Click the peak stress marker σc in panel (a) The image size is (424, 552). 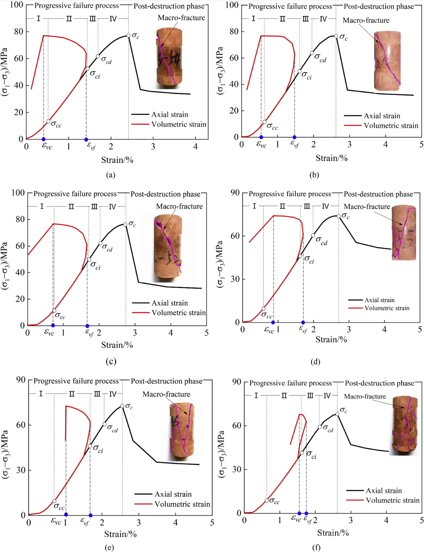[128, 36]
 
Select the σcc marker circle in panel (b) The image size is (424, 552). [265, 122]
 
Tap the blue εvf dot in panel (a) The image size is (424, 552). [86, 140]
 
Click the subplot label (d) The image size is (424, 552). [315, 362]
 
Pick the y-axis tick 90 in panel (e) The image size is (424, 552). [21, 380]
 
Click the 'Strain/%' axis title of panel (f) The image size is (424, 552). [333, 533]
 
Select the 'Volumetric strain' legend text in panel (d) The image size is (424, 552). [387, 308]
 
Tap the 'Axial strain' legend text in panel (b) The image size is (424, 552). [382, 116]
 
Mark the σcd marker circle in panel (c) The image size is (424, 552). [101, 243]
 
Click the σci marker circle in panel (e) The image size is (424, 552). [90, 447]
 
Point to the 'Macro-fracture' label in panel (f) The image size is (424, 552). [365, 396]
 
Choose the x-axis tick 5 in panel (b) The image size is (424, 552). [421, 144]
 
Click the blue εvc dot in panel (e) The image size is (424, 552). [66, 515]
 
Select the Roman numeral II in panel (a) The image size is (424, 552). [69, 19]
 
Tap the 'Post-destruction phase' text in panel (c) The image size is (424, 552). [166, 194]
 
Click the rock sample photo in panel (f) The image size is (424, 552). [404, 425]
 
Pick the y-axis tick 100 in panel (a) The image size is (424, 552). [17, 5]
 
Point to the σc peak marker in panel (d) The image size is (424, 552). [339, 216]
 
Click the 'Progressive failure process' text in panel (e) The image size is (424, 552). [76, 381]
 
